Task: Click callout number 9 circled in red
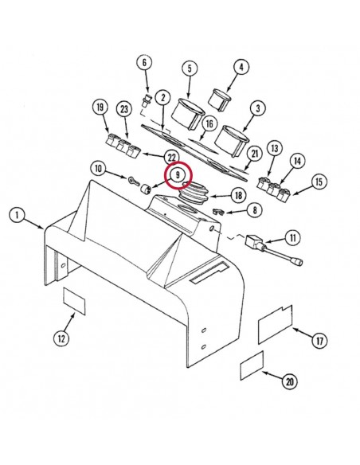coord(178,174)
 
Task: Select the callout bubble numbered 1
coord(17,215)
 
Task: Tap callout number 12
coord(61,338)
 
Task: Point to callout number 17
coord(319,341)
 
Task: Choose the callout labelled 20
coord(290,381)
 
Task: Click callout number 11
coord(292,237)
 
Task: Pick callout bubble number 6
coord(144,63)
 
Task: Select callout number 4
coord(241,67)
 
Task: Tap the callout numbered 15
coord(319,182)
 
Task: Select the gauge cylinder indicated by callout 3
coord(233,142)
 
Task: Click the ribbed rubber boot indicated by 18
coord(194,195)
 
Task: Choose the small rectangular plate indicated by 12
coord(74,301)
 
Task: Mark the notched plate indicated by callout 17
coord(276,324)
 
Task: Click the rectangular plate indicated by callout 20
coord(252,365)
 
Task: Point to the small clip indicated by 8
coord(218,212)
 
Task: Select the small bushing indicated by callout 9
coord(146,190)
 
